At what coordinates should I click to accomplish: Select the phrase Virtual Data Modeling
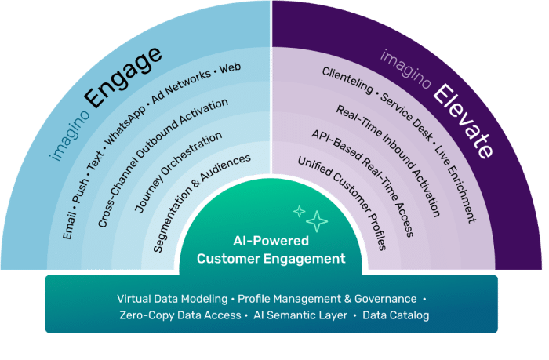tap(173, 299)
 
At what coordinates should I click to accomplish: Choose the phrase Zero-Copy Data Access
tap(180, 315)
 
